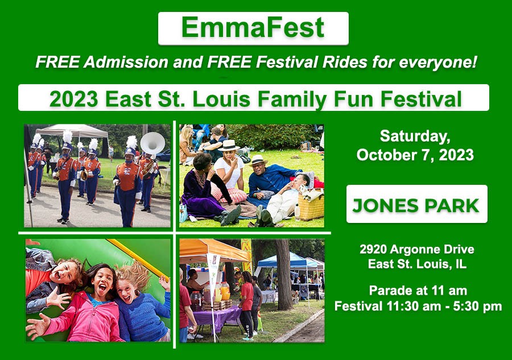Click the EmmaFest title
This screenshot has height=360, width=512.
click(x=253, y=27)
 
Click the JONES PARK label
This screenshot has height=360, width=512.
click(x=416, y=206)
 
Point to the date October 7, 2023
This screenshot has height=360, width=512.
click(x=415, y=155)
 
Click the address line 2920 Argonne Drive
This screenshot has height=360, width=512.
click(x=417, y=249)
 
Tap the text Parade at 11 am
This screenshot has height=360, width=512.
click(x=418, y=290)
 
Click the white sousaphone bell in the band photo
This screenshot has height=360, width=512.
click(x=152, y=143)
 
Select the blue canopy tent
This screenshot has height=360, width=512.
click(x=287, y=261)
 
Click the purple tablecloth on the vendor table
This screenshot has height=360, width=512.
click(x=217, y=316)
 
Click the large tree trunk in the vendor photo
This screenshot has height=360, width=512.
click(x=283, y=275)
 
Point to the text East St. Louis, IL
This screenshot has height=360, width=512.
click(x=417, y=264)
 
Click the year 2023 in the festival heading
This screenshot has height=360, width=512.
click(x=74, y=99)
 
